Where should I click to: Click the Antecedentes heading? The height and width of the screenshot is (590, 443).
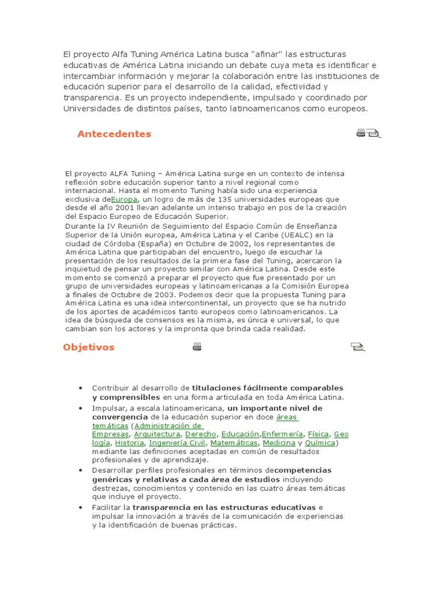pos(114,134)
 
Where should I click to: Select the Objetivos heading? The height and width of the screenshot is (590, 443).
pos(89,347)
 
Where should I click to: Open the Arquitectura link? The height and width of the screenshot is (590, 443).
pos(157,434)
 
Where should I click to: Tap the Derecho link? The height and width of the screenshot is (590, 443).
pos(201,434)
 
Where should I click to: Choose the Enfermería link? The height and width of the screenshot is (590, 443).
pos(282,434)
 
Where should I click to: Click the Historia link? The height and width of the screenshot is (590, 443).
pos(129,442)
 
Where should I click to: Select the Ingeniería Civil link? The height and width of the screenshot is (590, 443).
pos(177,442)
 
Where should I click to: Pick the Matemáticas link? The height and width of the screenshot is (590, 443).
pos(234,442)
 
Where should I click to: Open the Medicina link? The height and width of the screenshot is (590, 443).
pos(279,442)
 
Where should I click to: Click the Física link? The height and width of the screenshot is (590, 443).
pos(318,434)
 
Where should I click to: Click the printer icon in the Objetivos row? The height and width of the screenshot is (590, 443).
pos(197,347)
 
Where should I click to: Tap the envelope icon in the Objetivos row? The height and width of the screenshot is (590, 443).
pos(357,347)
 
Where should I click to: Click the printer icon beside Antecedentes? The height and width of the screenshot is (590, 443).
pos(361,133)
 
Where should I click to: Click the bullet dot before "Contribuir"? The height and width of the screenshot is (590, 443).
pos(80,388)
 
